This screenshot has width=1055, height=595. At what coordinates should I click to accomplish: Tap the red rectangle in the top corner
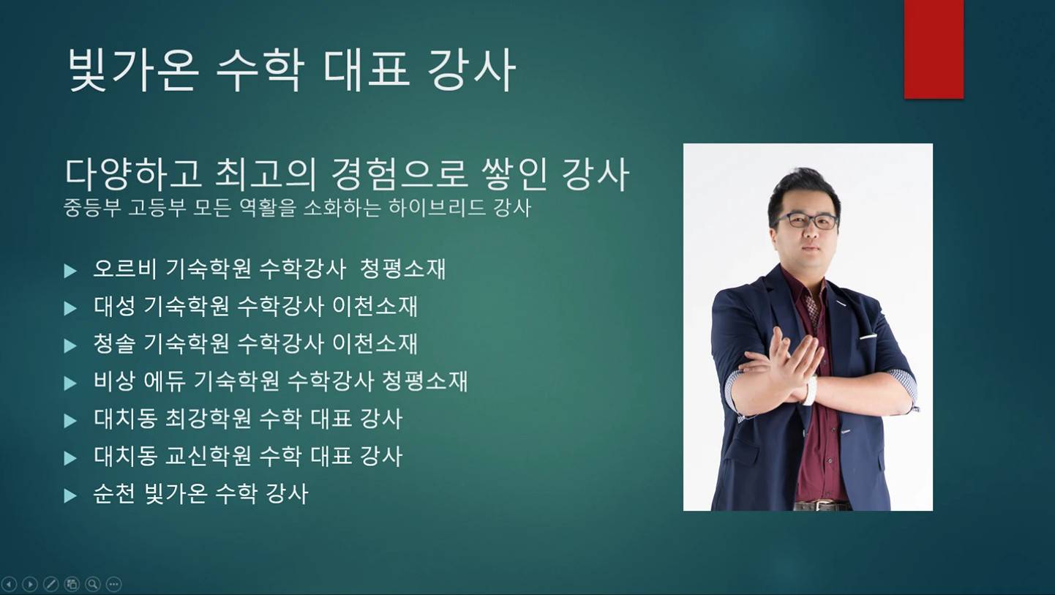click(x=934, y=49)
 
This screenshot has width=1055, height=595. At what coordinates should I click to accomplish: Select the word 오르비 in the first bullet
click(x=125, y=269)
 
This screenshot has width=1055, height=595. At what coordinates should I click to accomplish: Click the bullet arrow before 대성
click(x=70, y=309)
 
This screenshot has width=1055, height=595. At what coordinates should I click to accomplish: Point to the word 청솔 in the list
click(x=114, y=344)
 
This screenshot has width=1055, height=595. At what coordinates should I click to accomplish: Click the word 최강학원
click(x=208, y=419)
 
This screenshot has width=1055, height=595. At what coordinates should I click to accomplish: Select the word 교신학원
click(x=208, y=456)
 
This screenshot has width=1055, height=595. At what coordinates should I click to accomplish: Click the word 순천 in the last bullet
click(x=114, y=494)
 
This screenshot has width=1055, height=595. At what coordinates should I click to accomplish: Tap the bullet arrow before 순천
click(x=70, y=495)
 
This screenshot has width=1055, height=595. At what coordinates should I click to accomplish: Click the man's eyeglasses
click(x=806, y=221)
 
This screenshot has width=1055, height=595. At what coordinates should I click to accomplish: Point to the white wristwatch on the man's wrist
click(x=810, y=390)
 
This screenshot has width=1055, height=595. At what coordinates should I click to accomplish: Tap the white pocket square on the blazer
click(x=868, y=337)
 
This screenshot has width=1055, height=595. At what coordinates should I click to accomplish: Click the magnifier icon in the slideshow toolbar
click(x=93, y=584)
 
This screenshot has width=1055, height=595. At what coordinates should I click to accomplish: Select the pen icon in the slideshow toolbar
click(x=51, y=584)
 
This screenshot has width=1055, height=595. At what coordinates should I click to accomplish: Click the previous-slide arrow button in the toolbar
click(x=9, y=584)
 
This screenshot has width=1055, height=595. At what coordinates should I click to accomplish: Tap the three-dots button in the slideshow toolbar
click(x=113, y=584)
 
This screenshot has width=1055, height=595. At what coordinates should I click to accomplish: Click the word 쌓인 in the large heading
click(x=514, y=174)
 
